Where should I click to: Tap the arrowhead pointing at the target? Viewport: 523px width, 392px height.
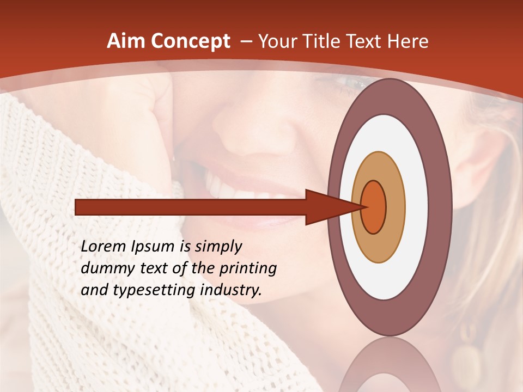click(327, 207)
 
